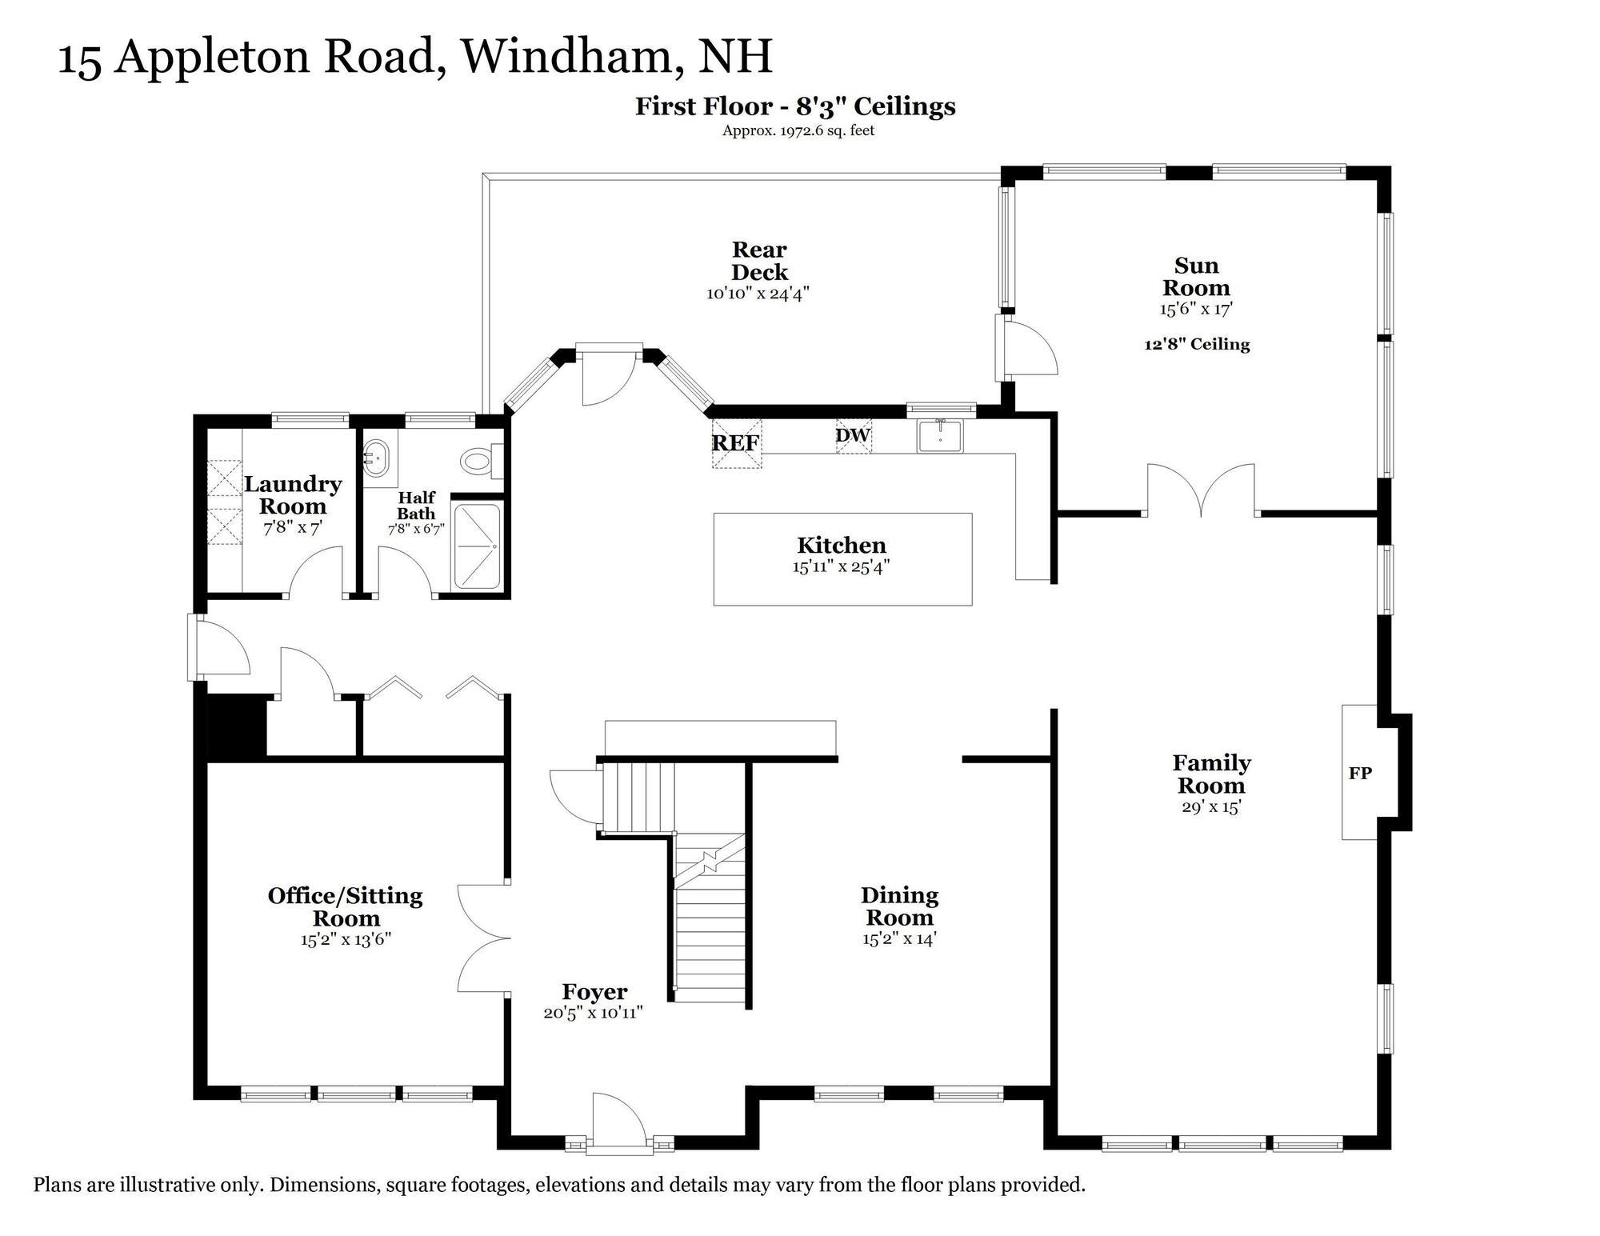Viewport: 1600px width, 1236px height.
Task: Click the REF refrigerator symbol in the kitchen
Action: coord(736,443)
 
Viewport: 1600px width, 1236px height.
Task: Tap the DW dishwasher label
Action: coord(853,436)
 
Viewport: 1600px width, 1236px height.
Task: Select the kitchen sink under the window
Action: coord(941,436)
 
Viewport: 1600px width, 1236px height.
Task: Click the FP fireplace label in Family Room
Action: coord(1360,773)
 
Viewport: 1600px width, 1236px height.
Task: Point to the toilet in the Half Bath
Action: coord(478,461)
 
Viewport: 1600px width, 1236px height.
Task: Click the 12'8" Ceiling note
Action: coord(1196,345)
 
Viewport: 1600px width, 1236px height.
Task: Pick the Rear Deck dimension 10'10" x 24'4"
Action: coord(758,294)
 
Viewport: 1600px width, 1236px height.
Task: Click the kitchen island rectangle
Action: coord(842,558)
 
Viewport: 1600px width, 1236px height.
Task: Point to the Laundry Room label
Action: coord(293,495)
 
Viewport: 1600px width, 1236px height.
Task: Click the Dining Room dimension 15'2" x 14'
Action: coord(899,939)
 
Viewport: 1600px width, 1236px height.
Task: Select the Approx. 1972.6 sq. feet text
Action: coord(798,130)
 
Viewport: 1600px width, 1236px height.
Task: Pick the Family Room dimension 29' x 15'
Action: coord(1210,807)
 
